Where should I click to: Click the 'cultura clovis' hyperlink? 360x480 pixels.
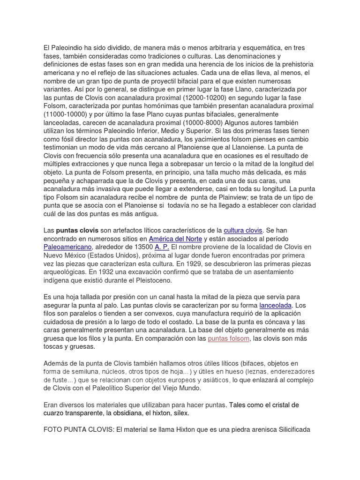tap(243, 230)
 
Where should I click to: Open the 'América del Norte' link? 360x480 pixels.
tap(174, 239)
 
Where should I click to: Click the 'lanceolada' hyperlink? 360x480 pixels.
tap(276, 305)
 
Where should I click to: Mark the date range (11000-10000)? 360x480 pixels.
tap(70, 114)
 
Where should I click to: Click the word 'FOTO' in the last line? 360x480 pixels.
tap(53, 429)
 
